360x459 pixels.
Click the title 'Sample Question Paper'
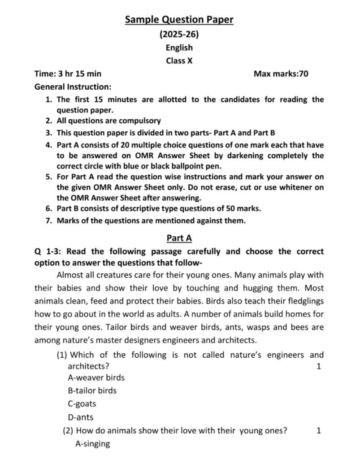click(179, 19)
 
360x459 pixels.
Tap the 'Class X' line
click(179, 61)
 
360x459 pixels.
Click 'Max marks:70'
click(281, 74)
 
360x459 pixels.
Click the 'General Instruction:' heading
click(73, 87)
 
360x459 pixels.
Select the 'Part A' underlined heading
click(179, 238)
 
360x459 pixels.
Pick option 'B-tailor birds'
click(92, 390)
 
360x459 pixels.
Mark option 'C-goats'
click(82, 403)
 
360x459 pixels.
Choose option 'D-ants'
click(81, 417)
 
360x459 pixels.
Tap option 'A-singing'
click(92, 444)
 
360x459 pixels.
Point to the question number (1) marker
click(62, 355)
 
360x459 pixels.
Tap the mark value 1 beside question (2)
click(318, 431)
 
